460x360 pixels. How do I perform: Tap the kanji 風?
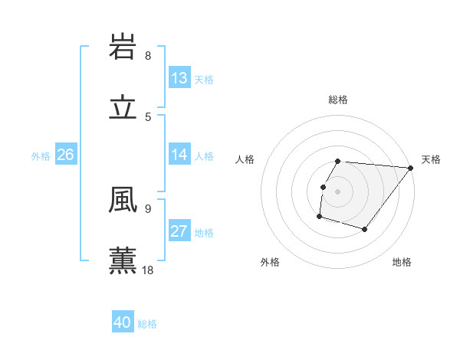(123, 201)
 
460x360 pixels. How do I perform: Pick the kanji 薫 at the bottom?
(123, 260)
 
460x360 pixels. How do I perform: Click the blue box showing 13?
(179, 78)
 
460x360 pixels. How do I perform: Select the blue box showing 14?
(179, 155)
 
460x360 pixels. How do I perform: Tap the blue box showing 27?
(179, 231)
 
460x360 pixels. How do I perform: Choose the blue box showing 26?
(65, 155)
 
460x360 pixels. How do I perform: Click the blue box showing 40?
(122, 322)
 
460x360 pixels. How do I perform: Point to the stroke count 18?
(149, 270)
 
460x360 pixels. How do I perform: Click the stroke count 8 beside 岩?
(148, 56)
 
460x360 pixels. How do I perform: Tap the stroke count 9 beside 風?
(148, 208)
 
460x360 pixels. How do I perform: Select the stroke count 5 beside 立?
(148, 117)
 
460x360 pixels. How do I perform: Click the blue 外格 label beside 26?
(41, 155)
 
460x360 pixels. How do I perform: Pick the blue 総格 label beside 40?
(147, 324)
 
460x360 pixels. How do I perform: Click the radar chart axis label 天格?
(431, 159)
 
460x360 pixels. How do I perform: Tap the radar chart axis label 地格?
(402, 262)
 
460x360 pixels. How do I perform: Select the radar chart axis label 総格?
(338, 100)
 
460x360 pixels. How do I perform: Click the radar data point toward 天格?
(410, 168)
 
